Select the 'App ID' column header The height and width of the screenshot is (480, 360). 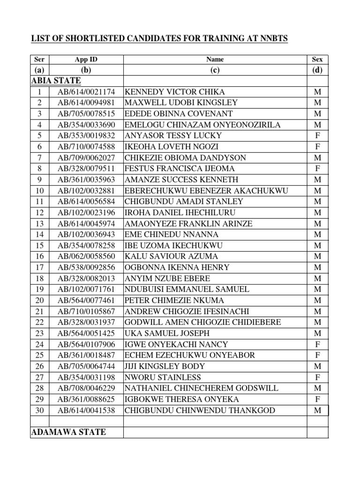tap(86, 60)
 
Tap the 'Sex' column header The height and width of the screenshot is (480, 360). tap(317, 60)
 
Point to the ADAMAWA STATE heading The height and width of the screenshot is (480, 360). tap(68, 432)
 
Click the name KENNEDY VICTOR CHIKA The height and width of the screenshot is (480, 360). tap(174, 92)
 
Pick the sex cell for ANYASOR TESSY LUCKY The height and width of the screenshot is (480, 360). tap(317, 136)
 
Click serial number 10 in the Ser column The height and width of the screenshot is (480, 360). tap(39, 191)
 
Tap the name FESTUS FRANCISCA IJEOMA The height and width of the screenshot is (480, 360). tap(180, 169)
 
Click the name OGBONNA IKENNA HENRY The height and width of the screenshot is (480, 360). tap(177, 268)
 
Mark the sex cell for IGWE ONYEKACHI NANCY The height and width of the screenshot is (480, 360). tap(317, 345)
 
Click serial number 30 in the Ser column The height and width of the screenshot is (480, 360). tap(39, 411)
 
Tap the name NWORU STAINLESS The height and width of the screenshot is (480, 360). tap(163, 377)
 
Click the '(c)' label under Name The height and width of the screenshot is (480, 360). tap(215, 70)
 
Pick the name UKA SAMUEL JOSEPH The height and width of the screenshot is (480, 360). tap(166, 333)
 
